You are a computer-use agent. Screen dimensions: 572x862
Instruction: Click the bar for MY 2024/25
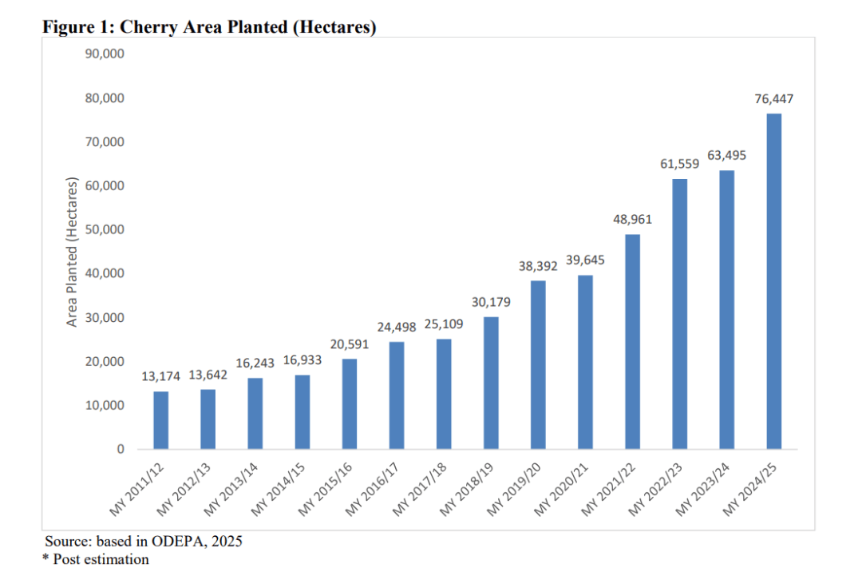[773, 281]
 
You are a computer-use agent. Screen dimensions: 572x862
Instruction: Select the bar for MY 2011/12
[160, 420]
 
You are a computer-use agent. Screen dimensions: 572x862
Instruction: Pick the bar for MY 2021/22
[632, 341]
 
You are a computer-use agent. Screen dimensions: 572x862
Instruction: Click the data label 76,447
[773, 100]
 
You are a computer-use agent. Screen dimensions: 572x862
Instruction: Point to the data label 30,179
[491, 303]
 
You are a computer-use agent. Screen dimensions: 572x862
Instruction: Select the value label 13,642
[208, 375]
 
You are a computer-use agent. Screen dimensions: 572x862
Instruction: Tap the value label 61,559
[679, 165]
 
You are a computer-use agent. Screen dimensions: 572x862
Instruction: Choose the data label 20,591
[349, 344]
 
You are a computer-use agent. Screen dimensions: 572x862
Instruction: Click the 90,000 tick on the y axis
[105, 54]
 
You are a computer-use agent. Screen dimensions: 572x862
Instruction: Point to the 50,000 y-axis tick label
[105, 230]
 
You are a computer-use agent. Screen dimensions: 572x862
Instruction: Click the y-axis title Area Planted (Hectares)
[73, 252]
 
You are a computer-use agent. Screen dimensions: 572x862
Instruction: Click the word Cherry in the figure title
[144, 27]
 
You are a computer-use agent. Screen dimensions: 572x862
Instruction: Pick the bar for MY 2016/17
[397, 395]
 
